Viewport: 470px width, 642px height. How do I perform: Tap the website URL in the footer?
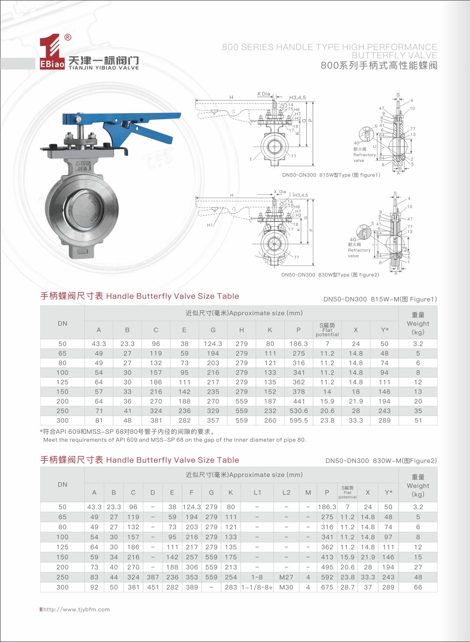[77, 610]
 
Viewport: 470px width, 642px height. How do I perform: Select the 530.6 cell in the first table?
[299, 411]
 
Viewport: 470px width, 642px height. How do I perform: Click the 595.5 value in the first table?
[299, 421]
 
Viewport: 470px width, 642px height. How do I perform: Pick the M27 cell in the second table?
[286, 577]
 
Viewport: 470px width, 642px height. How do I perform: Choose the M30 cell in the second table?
[286, 587]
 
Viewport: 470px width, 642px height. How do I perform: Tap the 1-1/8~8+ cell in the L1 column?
[257, 587]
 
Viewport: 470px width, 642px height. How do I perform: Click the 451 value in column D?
[153, 587]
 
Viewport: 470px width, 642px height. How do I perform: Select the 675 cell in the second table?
[327, 587]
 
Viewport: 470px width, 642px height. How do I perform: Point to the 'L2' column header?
[286, 493]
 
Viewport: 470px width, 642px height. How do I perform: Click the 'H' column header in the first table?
[241, 330]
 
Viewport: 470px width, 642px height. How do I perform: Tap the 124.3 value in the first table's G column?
[213, 344]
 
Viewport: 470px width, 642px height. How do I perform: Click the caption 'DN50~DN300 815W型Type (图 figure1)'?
[331, 175]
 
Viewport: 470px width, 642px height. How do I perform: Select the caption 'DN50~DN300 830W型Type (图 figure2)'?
[330, 275]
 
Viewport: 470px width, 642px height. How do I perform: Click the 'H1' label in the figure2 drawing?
[210, 225]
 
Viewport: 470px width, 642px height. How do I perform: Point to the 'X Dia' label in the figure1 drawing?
[263, 94]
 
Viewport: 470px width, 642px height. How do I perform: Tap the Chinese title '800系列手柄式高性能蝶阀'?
[379, 66]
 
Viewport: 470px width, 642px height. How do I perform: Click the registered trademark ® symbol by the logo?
[68, 37]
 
